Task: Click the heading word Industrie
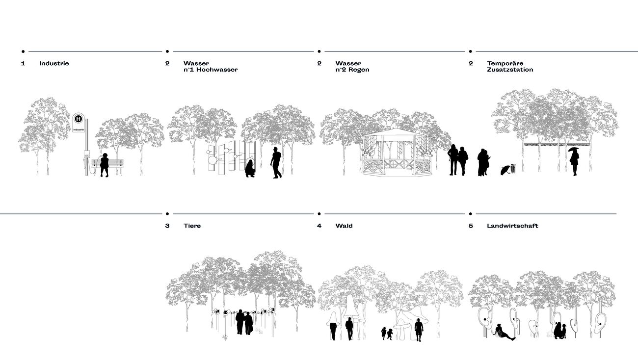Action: pyautogui.click(x=54, y=63)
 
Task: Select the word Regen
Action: pyautogui.click(x=359, y=70)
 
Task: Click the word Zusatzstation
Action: pyautogui.click(x=510, y=70)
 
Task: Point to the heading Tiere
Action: pyautogui.click(x=192, y=226)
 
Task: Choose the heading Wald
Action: pyautogui.click(x=344, y=226)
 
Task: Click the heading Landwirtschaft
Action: pyautogui.click(x=512, y=226)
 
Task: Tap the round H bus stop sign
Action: pyautogui.click(x=78, y=119)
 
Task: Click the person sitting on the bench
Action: pyautogui.click(x=105, y=164)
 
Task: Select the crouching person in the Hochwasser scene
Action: pyautogui.click(x=250, y=168)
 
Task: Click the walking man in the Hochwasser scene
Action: pyautogui.click(x=276, y=162)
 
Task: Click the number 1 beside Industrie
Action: pyautogui.click(x=23, y=63)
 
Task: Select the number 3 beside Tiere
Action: pyautogui.click(x=167, y=226)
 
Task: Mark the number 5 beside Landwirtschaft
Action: pyautogui.click(x=471, y=226)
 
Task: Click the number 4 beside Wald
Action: pyautogui.click(x=319, y=226)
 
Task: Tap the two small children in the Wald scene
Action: pyautogui.click(x=387, y=334)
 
